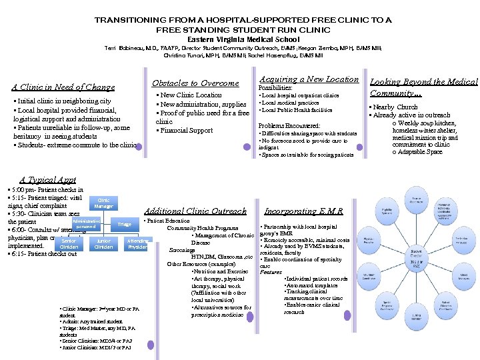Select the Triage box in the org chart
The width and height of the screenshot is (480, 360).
[124, 225]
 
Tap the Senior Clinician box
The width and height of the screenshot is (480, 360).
[69, 244]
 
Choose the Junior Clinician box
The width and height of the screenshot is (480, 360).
[103, 244]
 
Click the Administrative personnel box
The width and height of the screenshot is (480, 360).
[85, 224]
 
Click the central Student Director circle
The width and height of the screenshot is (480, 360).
[417, 257]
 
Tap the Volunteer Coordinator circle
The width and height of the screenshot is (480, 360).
[369, 276]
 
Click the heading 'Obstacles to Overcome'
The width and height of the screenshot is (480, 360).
[195, 83]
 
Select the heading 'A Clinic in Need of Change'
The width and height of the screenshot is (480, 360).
[63, 87]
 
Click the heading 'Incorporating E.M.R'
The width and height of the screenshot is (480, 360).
[303, 211]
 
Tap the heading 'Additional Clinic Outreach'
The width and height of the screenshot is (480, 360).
[195, 211]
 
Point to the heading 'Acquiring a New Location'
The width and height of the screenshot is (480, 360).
[308, 79]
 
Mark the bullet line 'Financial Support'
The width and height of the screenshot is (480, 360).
[186, 131]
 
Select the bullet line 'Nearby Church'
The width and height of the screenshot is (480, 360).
[395, 107]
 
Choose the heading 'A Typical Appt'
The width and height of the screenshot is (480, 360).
[48, 180]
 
